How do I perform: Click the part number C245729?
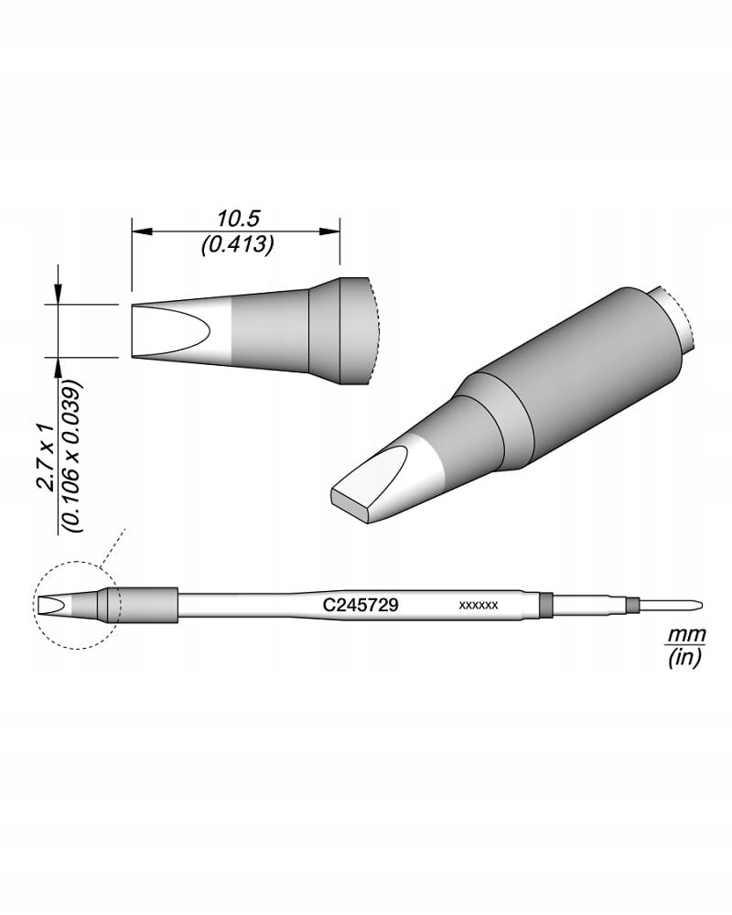pyautogui.click(x=360, y=605)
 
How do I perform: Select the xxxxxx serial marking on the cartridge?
pyautogui.click(x=478, y=606)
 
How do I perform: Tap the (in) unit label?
pyautogui.click(x=683, y=657)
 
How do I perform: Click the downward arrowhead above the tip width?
pyautogui.click(x=59, y=296)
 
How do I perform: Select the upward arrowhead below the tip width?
pyautogui.click(x=59, y=365)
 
